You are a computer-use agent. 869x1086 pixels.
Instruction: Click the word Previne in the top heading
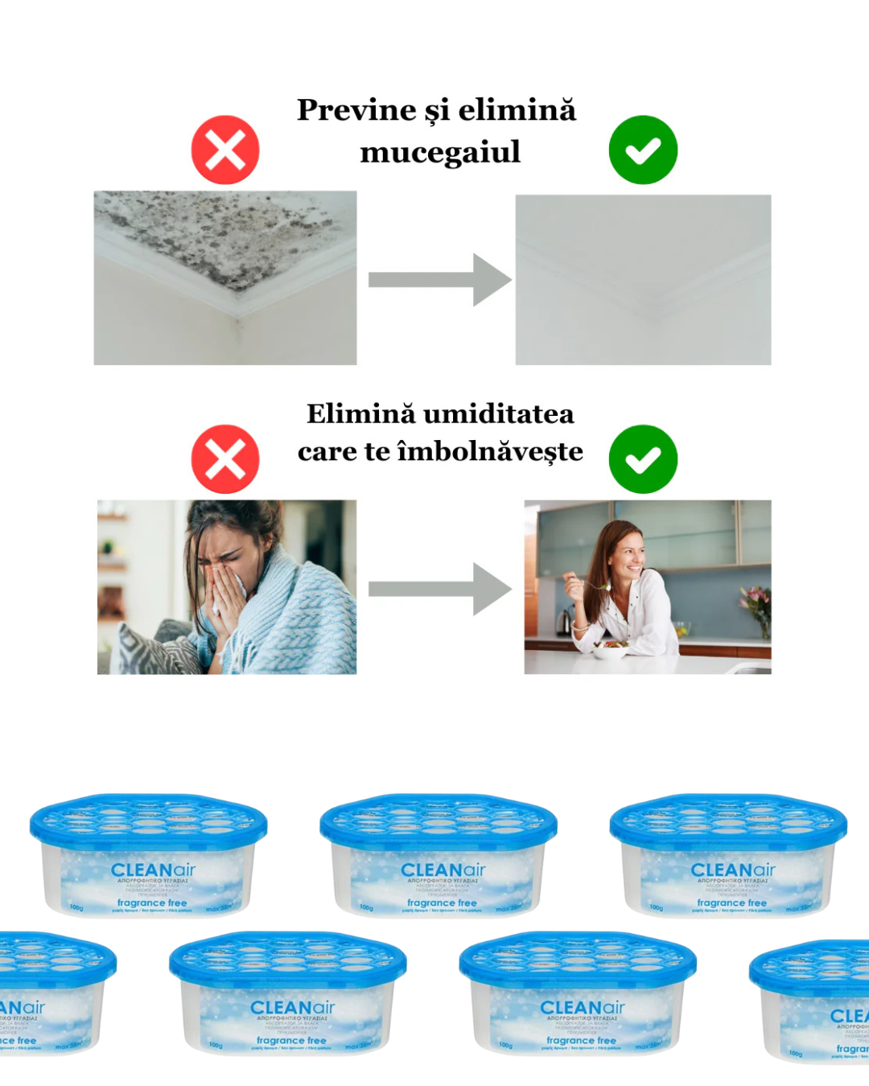coord(356,110)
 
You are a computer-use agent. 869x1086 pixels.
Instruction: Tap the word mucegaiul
coord(440,152)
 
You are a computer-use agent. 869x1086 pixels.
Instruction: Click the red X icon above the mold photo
coord(225,150)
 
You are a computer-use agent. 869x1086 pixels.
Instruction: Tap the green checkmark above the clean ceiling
coord(643,150)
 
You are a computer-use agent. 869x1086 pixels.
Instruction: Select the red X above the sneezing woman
coord(225,459)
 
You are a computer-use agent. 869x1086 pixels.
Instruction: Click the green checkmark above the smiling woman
coord(643,459)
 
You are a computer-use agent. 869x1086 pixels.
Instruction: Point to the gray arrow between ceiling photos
coord(439,280)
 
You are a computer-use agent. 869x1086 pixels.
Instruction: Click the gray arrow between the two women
coord(439,589)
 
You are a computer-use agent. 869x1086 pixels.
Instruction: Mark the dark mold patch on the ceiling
coord(217,233)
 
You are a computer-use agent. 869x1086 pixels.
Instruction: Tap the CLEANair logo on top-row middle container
coord(443,870)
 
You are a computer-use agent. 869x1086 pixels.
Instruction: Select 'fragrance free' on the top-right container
coord(731,903)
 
